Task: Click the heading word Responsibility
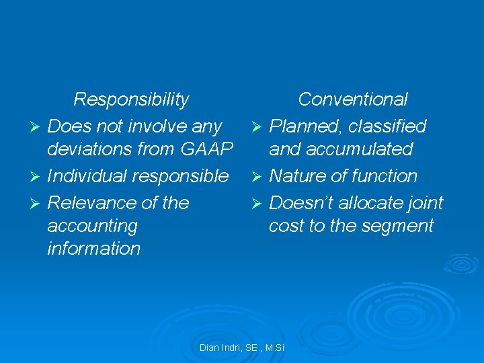pos(131,99)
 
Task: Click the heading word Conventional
pos(352,99)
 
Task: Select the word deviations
pos(92,149)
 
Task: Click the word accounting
pos(92,226)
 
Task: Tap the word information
pos(94,249)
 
